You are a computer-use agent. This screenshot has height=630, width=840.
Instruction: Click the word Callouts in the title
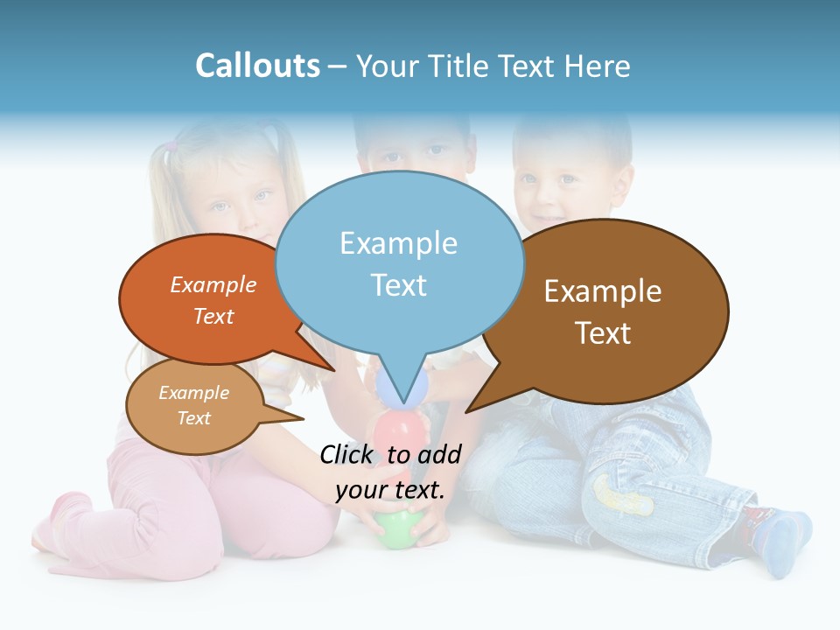257,66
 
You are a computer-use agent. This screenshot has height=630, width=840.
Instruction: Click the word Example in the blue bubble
398,243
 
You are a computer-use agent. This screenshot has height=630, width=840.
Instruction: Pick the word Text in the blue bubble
398,285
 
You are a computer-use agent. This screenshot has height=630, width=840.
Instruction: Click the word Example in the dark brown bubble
603,291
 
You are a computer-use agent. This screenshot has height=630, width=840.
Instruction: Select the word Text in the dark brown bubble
603,333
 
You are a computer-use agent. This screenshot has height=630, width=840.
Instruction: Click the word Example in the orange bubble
213,285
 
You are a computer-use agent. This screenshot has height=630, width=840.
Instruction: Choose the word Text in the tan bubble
194,418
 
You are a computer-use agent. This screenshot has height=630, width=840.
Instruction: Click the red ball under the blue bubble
399,430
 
